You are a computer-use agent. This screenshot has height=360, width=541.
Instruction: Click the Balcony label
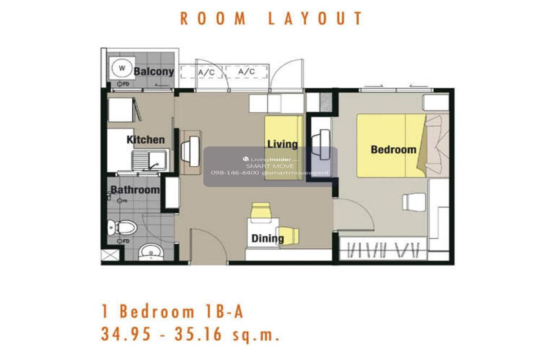[154, 72]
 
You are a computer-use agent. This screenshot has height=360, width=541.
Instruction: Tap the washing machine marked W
[122, 68]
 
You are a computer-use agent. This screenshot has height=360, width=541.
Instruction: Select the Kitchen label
[146, 140]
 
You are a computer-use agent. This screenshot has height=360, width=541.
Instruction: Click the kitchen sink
[149, 160]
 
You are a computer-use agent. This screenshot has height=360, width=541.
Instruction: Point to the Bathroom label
[135, 190]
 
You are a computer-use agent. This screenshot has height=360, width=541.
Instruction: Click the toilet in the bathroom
[122, 228]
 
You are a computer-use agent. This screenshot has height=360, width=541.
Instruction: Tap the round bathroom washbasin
[151, 252]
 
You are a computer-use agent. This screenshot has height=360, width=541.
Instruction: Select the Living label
[282, 144]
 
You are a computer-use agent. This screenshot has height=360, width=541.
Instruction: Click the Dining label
[268, 238]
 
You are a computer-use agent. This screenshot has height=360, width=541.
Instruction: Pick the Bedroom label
[394, 150]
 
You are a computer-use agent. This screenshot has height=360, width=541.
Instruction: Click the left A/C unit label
[206, 73]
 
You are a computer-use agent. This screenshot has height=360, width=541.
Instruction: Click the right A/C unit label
[246, 72]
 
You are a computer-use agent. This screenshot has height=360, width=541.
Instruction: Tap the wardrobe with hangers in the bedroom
[383, 248]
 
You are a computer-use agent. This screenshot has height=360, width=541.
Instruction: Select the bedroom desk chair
[414, 202]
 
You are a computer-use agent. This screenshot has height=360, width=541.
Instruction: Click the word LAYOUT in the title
[316, 18]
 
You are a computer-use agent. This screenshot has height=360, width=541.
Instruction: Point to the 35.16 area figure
[198, 334]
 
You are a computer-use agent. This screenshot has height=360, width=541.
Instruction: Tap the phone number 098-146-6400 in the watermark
[235, 173]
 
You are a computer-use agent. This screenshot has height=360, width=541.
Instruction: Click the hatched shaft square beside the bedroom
[326, 102]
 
